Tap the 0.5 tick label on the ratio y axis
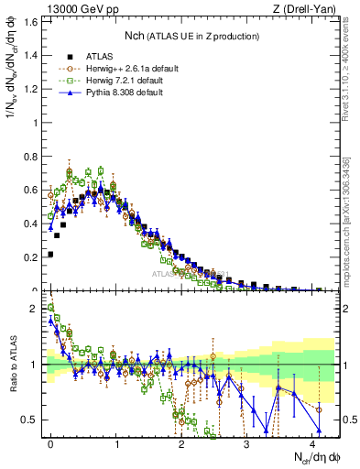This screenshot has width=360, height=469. pos(29,420)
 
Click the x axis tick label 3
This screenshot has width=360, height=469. pos(246,442)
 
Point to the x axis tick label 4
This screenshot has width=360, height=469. pos(311,442)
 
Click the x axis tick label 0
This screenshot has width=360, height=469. pos(50,442)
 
